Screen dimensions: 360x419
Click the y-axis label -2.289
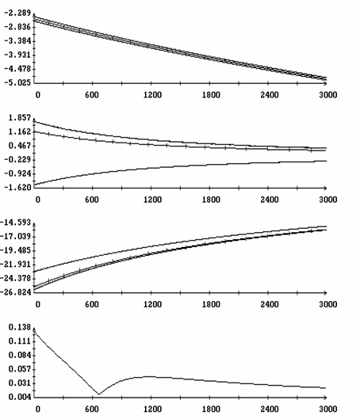[x=17, y=13]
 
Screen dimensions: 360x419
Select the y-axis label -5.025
[x=17, y=83]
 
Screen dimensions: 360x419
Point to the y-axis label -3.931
[x=17, y=55]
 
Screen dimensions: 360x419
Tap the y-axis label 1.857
[x=20, y=118]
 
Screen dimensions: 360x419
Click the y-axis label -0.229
[x=17, y=160]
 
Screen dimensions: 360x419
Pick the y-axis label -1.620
[x=17, y=188]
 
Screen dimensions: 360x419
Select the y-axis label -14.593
[x=16, y=223]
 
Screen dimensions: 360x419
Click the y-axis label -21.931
[x=16, y=265]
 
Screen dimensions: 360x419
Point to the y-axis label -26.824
[x=16, y=292]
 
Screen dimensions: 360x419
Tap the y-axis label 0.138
[x=20, y=327]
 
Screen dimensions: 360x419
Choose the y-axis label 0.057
[x=20, y=369]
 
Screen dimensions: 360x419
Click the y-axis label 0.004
[x=20, y=397]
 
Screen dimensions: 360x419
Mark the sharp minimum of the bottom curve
[x=99, y=394]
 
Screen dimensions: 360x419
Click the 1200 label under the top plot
[x=152, y=95]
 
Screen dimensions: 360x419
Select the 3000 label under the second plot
[x=328, y=200]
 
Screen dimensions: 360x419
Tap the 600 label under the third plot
[x=92, y=304]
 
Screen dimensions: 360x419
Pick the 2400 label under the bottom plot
[x=270, y=409]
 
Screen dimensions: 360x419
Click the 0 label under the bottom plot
[x=38, y=409]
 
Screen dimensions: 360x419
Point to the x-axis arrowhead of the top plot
[x=325, y=83]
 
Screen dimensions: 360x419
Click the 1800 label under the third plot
[x=211, y=304]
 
